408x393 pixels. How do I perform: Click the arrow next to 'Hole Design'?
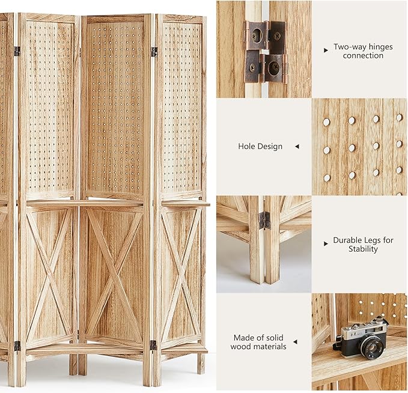coord(296,146)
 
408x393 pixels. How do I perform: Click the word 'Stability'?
coord(363,249)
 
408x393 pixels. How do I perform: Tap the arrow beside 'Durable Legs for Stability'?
coord(326,244)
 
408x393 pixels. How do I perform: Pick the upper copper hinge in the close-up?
coord(264,35)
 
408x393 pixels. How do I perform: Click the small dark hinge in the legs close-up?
coord(264,220)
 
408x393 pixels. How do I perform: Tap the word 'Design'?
coord(270,146)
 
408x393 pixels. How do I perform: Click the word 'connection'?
coord(363,55)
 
